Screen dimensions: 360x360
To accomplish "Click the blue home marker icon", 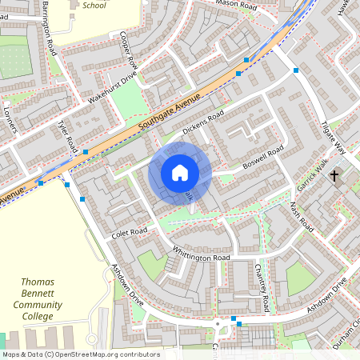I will tap(180, 172).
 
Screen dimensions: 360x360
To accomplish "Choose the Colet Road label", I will tap(130, 233).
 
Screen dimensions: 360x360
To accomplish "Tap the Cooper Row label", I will tap(128, 50).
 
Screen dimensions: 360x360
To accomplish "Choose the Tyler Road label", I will tap(66, 137).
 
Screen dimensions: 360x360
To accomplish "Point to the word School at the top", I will tap(94, 5).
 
